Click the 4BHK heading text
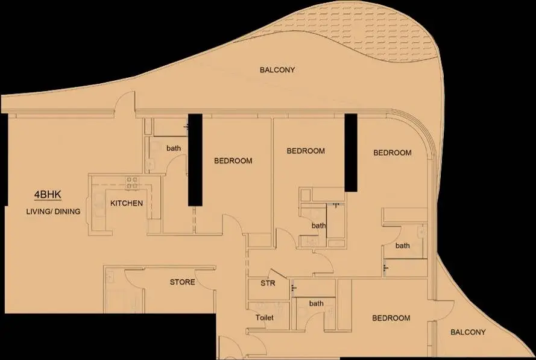48,195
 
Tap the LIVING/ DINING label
53,211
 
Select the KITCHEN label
127,203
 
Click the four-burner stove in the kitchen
132,183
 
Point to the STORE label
183,282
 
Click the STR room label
268,283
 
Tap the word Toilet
265,318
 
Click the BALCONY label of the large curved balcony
277,70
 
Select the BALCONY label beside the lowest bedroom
468,332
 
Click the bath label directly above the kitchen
174,148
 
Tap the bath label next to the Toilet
316,303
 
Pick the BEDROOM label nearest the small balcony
391,318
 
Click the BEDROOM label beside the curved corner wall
393,153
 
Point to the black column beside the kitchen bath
195,160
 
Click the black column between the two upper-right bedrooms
351,153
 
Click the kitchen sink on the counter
99,205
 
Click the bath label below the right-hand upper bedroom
403,245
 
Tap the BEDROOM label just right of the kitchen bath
233,160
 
